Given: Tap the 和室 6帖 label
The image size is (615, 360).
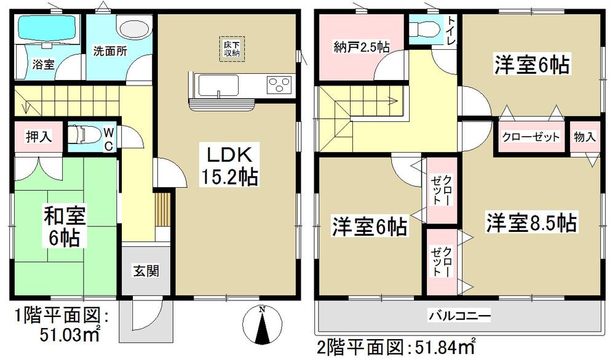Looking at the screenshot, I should [65, 225].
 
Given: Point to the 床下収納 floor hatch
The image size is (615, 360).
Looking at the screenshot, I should [232, 48].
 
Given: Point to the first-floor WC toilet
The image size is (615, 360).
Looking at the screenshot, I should [83, 135].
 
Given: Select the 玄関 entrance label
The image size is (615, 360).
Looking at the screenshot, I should [146, 269].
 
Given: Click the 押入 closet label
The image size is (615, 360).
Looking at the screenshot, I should [37, 137].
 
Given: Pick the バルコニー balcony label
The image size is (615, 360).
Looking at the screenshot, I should [459, 316].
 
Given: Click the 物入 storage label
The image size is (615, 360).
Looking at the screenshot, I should [585, 137].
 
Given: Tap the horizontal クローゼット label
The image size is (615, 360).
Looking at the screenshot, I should [530, 137].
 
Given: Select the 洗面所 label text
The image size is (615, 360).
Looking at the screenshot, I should [111, 52].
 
